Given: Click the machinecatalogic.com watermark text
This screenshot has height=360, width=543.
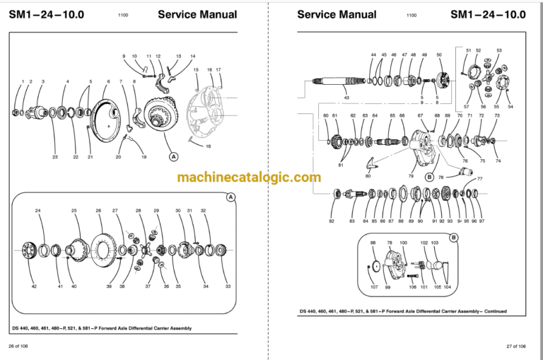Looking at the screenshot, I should [249, 178].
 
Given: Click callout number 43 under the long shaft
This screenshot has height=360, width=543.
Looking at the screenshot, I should [346, 98].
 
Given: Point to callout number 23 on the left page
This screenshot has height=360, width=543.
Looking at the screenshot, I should [54, 156].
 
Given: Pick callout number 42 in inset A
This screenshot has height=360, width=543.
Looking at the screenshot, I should [33, 286].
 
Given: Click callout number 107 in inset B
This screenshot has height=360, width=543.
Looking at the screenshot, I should [374, 287].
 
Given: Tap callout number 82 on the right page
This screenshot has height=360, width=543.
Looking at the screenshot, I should [332, 221].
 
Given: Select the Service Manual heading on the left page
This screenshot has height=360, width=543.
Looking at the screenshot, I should [194, 14].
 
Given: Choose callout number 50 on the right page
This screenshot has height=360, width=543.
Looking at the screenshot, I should [439, 54].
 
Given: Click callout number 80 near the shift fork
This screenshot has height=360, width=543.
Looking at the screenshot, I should [368, 175].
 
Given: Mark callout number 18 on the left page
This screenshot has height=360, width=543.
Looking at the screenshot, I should [208, 146].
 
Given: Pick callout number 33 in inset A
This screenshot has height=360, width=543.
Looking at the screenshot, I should [228, 286].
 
